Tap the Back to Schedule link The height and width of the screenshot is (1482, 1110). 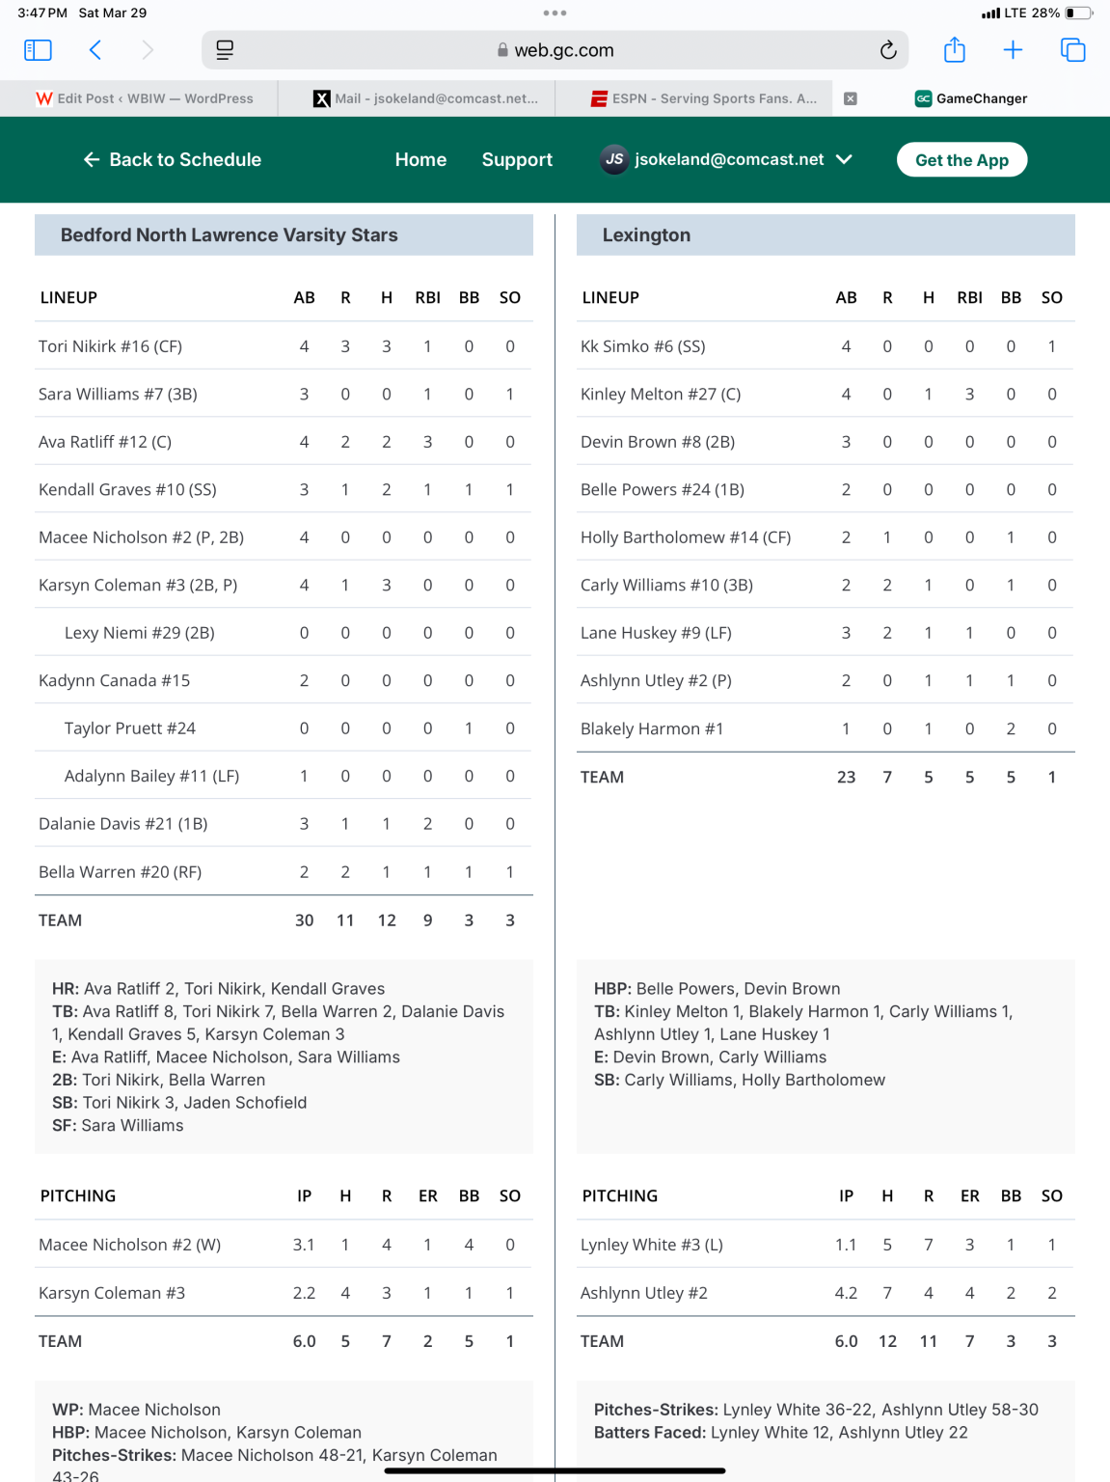pos(174,160)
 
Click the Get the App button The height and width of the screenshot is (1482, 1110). pos(961,160)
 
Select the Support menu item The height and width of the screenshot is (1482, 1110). pos(517,160)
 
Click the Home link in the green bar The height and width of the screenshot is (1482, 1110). pos(420,160)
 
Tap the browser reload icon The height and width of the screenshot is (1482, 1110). pos(888,50)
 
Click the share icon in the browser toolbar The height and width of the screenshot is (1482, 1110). pos(955,50)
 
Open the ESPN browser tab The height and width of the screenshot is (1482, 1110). pos(704,98)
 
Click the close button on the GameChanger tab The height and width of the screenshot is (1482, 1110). pos(851,98)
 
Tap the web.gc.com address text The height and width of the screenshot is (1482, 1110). pos(563,50)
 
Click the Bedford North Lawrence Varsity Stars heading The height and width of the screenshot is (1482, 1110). pos(230,235)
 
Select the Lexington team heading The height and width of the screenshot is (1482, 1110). pos(646,235)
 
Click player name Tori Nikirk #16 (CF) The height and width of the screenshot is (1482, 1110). pos(111,346)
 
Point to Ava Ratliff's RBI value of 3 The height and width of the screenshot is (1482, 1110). pos(427,442)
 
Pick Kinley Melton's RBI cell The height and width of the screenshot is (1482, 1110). pos(969,394)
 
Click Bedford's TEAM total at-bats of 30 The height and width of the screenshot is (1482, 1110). pos(304,920)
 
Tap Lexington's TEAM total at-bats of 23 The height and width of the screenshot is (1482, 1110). pos(846,777)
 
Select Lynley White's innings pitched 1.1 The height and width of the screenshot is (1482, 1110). pos(846,1245)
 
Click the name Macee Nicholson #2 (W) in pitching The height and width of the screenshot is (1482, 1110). pos(130,1245)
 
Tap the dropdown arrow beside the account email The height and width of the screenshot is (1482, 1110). pos(844,159)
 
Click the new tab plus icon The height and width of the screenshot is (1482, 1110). pos(1013,50)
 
